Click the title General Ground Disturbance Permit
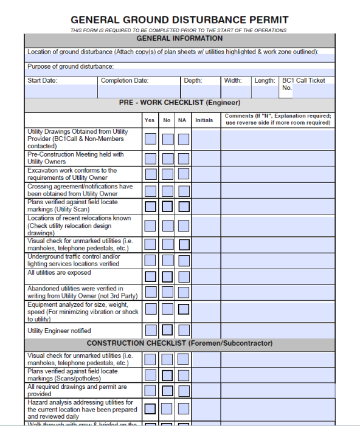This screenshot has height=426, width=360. (x=179, y=20)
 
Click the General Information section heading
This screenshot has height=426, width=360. (x=179, y=38)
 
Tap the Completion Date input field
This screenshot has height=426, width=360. (x=139, y=91)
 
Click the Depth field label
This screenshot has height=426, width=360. (x=193, y=81)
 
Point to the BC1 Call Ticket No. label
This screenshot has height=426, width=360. (x=303, y=84)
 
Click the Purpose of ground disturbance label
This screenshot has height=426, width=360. (x=71, y=67)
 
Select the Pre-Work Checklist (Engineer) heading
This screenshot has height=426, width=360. (x=179, y=103)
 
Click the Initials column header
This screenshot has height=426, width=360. (x=204, y=120)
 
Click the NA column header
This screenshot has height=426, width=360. (x=182, y=120)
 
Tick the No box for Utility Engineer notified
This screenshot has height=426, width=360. (x=167, y=331)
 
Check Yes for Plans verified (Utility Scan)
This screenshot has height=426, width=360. (x=150, y=206)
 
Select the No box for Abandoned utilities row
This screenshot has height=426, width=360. (x=167, y=292)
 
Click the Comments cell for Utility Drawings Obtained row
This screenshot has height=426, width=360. (x=277, y=139)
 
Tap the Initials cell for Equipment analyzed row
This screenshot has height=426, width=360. (x=205, y=312)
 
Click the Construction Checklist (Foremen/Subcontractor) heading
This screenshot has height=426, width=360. (x=179, y=343)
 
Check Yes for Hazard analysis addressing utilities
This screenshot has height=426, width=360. (x=150, y=409)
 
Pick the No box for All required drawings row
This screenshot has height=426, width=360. (x=167, y=390)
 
